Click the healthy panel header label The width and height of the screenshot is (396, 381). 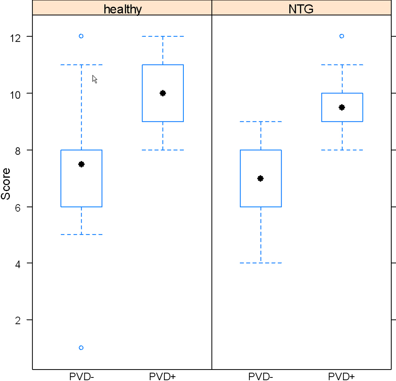(122, 9)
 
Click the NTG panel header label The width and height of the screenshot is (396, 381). (301, 9)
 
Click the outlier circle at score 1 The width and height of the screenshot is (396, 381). (81, 348)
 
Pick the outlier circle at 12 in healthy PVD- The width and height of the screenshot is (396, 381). (81, 36)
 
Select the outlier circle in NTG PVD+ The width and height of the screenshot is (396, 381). (342, 36)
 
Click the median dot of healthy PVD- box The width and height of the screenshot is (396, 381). (81, 164)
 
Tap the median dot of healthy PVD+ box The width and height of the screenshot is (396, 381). (163, 93)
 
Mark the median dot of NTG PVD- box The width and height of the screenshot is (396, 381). (261, 178)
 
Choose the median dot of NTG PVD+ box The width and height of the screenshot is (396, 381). (342, 107)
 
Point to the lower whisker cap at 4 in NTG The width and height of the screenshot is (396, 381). (261, 263)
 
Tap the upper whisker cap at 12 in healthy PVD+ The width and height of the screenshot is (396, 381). (163, 36)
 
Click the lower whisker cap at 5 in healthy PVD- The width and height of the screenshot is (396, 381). (81, 235)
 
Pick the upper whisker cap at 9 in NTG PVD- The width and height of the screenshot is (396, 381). (261, 121)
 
